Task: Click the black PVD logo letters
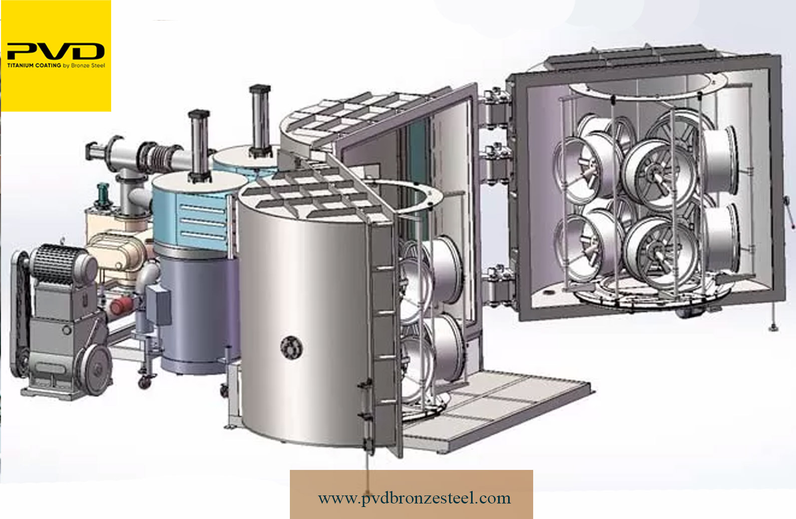56,51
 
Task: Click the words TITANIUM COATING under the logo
34,66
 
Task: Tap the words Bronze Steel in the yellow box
88,66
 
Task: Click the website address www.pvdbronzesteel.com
415,498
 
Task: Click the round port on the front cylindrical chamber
291,347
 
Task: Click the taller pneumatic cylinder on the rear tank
260,121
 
